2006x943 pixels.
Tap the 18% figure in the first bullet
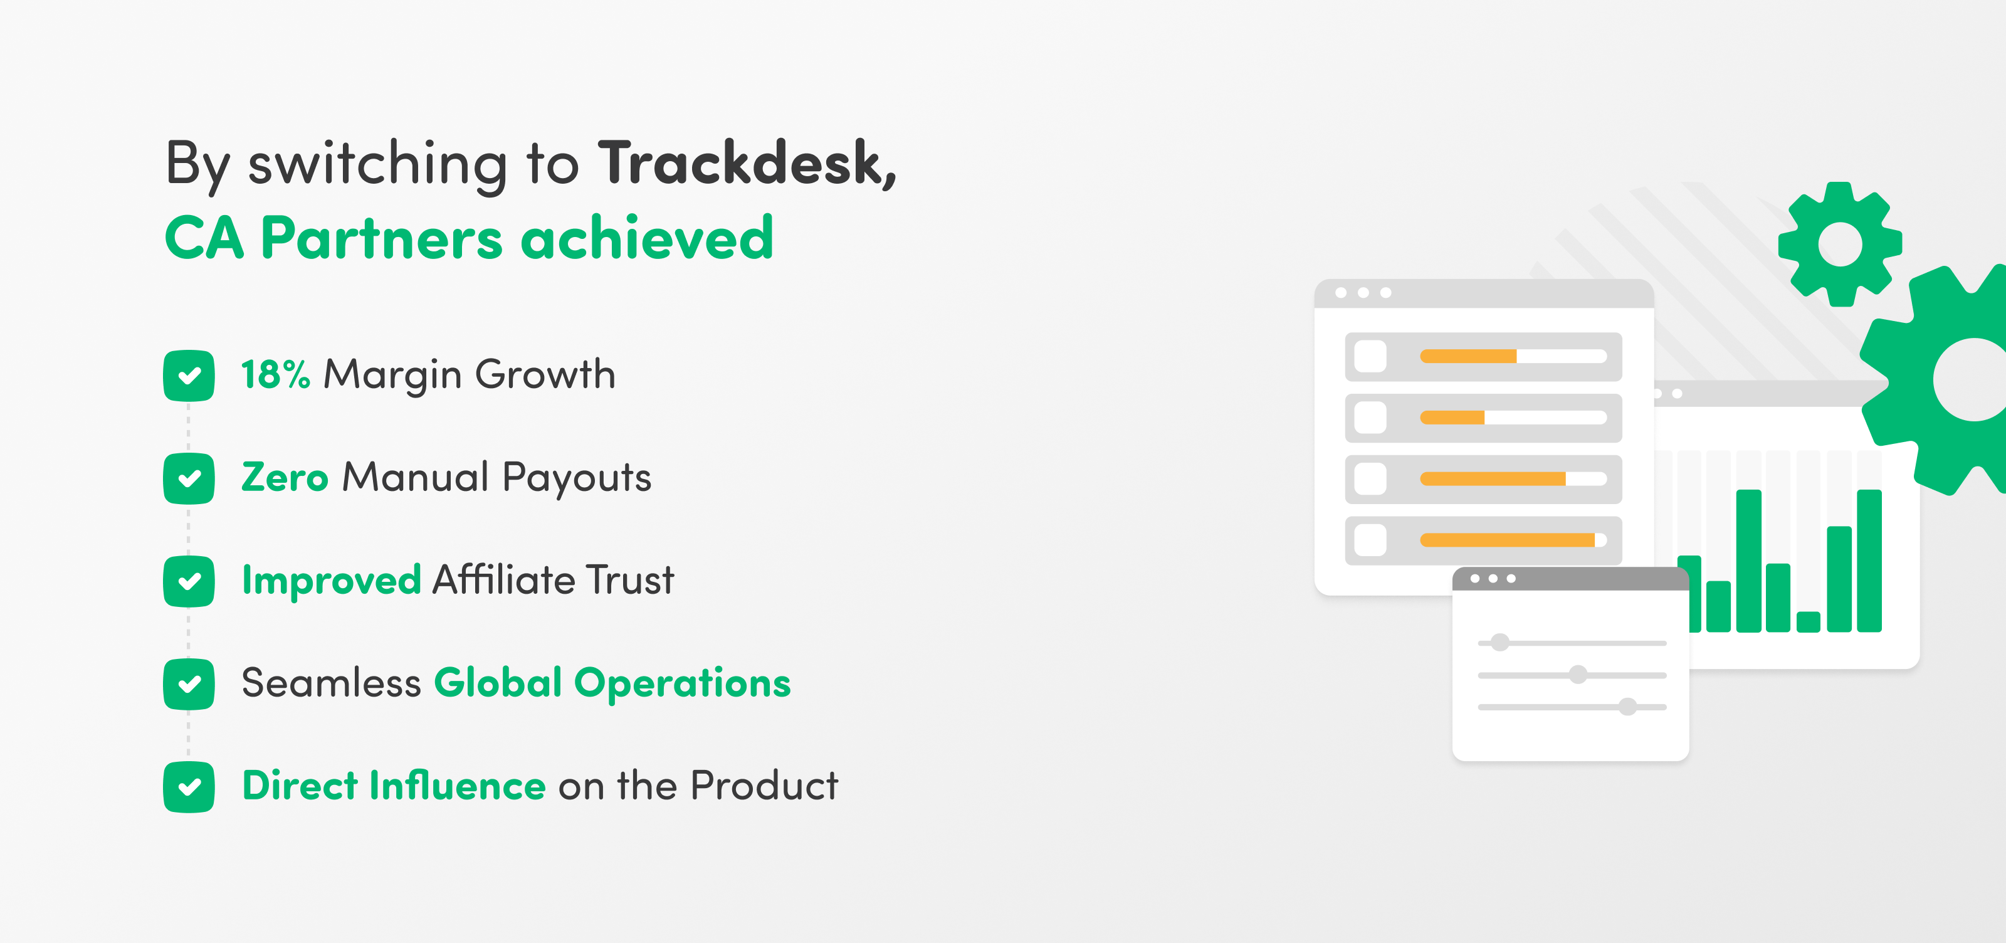pyautogui.click(x=276, y=374)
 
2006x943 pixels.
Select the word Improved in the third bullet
pyautogui.click(x=332, y=580)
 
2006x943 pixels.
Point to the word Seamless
pyautogui.click(x=332, y=683)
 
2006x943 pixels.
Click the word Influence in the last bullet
pyautogui.click(x=457, y=785)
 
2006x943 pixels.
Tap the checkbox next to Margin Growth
pyautogui.click(x=189, y=376)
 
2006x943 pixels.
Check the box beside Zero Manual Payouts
pyautogui.click(x=189, y=478)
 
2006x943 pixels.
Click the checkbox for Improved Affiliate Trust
pyautogui.click(x=189, y=581)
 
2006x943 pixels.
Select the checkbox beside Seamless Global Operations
pyautogui.click(x=189, y=683)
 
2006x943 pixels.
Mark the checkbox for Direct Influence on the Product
pyautogui.click(x=189, y=786)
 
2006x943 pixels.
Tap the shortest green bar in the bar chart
pyautogui.click(x=1808, y=621)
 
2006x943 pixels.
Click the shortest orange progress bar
pyautogui.click(x=1452, y=418)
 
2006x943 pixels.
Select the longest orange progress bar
pyautogui.click(x=1508, y=540)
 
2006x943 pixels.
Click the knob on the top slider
pyautogui.click(x=1500, y=643)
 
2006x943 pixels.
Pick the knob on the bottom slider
pyautogui.click(x=1627, y=706)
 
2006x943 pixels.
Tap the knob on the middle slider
pyautogui.click(x=1578, y=675)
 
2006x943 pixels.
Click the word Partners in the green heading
pyautogui.click(x=382, y=238)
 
